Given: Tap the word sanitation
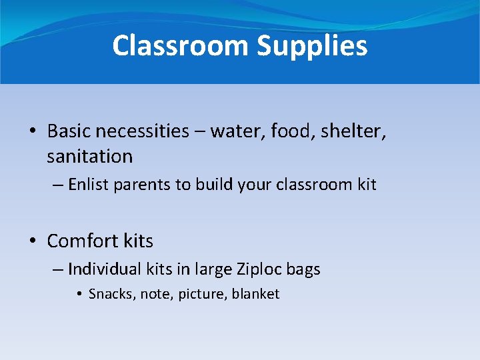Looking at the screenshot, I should (89, 157).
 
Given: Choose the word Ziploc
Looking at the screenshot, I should (259, 269).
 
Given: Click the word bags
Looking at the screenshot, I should (303, 269).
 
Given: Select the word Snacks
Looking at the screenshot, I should (111, 294).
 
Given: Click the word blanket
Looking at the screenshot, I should (255, 294).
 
